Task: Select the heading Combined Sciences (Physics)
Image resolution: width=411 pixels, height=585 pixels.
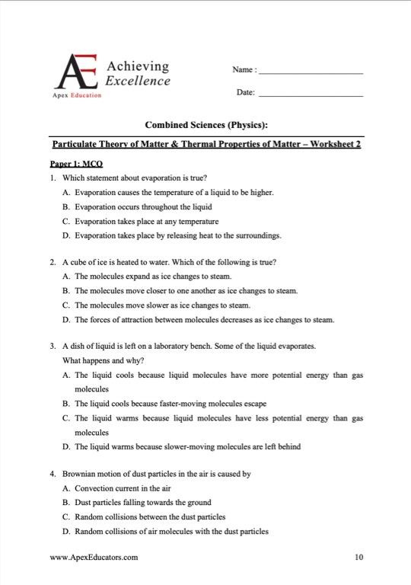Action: [205, 125]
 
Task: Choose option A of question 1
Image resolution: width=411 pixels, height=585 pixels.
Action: [167, 192]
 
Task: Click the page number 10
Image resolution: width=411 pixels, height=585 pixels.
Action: [358, 558]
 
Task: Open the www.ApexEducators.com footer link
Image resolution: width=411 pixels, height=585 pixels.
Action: [94, 558]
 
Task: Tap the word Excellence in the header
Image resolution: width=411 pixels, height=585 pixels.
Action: [138, 80]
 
